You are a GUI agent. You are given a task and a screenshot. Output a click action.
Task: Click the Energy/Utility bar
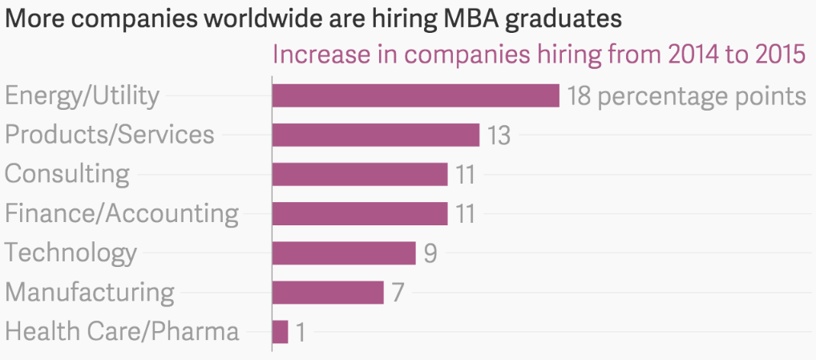point(415,95)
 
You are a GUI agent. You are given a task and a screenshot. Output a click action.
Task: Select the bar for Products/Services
point(375,135)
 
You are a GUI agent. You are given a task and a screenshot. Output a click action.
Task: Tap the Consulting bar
point(359,174)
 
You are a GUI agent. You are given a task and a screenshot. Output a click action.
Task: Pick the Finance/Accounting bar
point(359,213)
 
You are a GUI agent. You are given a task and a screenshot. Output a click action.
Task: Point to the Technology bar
point(343,253)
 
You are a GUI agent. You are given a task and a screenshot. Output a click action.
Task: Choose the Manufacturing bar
point(327,292)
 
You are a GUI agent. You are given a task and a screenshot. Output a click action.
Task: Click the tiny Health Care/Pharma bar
point(280,331)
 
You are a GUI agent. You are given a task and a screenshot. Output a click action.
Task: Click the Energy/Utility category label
point(83,96)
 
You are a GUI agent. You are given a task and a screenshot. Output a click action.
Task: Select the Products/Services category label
point(110,135)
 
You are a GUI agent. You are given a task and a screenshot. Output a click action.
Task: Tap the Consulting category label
point(67,174)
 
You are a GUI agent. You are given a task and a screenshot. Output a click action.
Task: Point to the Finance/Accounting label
point(122,213)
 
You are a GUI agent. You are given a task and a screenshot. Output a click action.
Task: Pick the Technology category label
point(71,253)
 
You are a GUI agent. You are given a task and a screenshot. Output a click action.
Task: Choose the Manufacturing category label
point(90,293)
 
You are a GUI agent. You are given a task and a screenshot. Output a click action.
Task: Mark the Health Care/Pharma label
point(122,331)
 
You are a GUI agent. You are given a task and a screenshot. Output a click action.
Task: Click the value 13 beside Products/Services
point(499,136)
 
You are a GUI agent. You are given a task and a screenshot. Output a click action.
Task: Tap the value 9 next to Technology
point(430,253)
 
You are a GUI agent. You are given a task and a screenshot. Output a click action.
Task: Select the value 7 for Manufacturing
point(398,293)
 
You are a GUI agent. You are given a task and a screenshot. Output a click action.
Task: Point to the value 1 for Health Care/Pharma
point(301,332)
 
